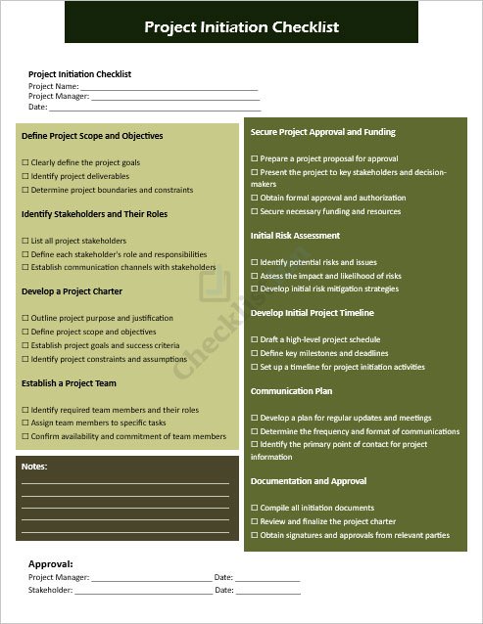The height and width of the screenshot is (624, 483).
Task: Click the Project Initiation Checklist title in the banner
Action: tap(241, 27)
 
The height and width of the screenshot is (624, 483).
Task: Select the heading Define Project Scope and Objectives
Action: tap(92, 136)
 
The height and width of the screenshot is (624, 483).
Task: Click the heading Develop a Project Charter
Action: tap(72, 291)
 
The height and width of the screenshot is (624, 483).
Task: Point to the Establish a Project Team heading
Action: tap(69, 383)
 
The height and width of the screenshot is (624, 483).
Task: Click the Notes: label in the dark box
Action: tap(34, 467)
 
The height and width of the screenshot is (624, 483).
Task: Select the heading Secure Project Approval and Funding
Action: tap(323, 132)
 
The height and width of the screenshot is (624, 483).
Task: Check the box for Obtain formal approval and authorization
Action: tap(255, 198)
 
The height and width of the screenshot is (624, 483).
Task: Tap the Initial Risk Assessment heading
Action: tap(295, 236)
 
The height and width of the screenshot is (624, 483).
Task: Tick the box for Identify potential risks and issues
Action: tap(255, 262)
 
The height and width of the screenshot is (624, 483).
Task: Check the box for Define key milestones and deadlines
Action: tap(255, 353)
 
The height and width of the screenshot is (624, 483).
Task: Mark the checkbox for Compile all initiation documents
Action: tap(255, 508)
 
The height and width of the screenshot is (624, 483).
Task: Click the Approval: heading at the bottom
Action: tap(50, 564)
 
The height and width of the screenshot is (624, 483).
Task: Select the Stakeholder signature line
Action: tap(142, 592)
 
